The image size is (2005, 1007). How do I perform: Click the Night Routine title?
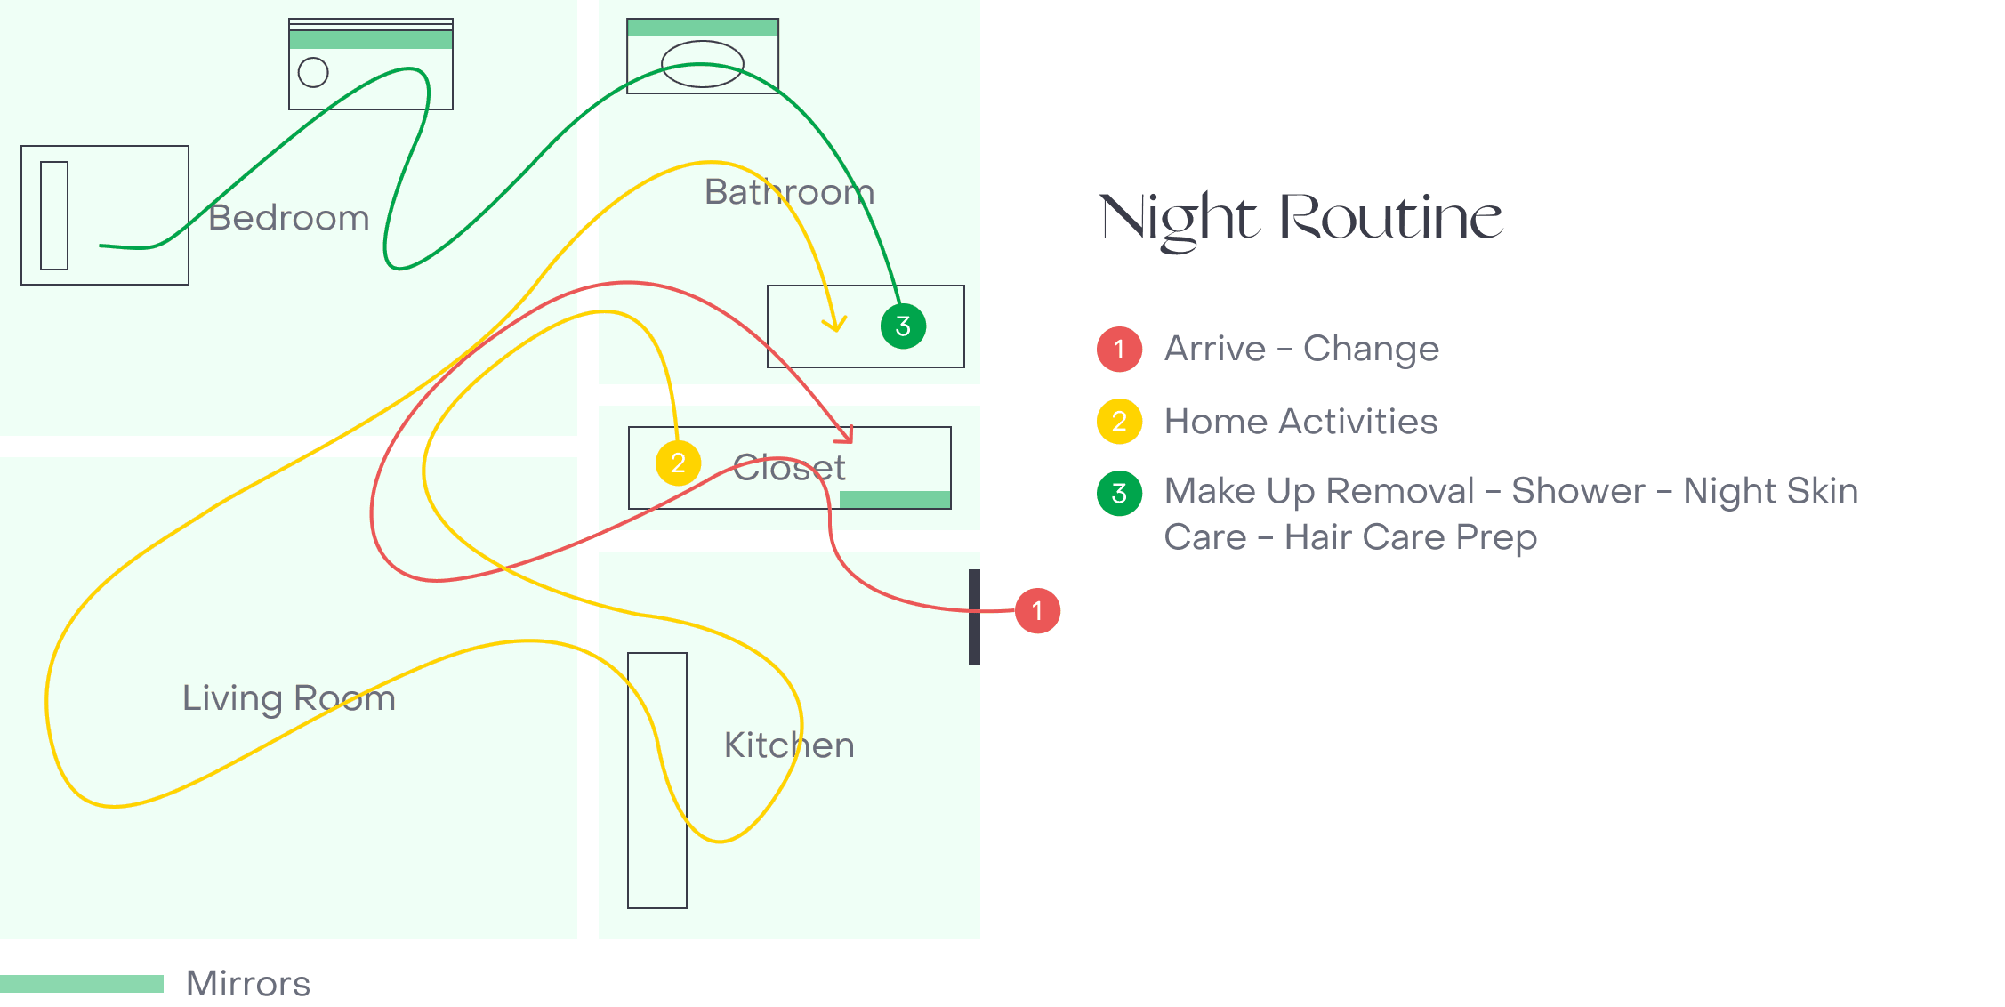(x=1301, y=220)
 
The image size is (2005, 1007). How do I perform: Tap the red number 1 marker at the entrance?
(x=1037, y=611)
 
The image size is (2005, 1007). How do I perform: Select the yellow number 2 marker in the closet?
(x=678, y=463)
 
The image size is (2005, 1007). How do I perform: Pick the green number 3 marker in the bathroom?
(x=903, y=326)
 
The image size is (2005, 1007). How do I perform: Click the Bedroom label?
(x=289, y=218)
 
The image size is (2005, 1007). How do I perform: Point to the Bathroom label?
(x=790, y=192)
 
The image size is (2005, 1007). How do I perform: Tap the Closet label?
(x=790, y=468)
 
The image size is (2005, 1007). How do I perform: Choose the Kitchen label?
(x=790, y=745)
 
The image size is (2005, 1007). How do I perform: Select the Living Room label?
(x=289, y=698)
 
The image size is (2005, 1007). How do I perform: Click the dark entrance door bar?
(x=974, y=617)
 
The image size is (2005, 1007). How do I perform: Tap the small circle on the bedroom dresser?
(x=313, y=72)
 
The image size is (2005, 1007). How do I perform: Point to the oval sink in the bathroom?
(x=703, y=64)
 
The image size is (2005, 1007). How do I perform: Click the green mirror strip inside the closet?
(x=895, y=499)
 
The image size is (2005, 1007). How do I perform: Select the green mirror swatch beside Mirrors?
(x=82, y=983)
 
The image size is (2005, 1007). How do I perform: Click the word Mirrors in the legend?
(x=249, y=984)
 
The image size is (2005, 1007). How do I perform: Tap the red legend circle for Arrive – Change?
(x=1119, y=349)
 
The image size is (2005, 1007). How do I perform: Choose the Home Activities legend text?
(x=1300, y=422)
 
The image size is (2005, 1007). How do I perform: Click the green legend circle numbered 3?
(x=1119, y=493)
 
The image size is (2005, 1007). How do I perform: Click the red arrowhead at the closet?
(x=845, y=435)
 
